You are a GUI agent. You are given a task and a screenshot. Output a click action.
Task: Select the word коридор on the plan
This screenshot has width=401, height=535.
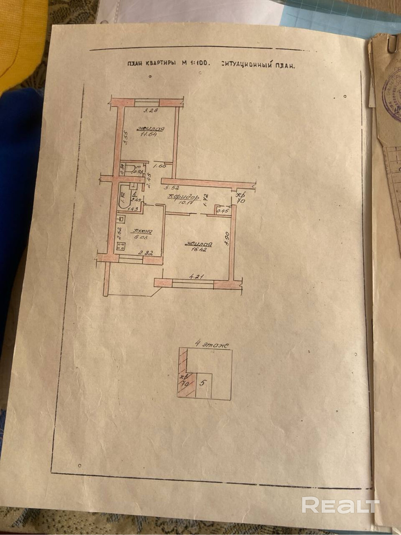(x=184, y=197)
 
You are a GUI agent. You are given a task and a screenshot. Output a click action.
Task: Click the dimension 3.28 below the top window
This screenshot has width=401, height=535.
(x=151, y=110)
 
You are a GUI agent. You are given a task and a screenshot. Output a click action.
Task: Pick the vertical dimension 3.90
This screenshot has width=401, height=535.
(x=227, y=239)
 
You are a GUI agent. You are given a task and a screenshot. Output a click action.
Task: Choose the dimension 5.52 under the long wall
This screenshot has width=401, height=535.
(x=172, y=187)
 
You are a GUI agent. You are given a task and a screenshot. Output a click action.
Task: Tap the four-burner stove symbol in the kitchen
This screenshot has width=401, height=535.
(x=121, y=246)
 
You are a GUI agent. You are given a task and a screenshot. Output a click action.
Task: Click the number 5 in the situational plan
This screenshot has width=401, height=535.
(x=202, y=383)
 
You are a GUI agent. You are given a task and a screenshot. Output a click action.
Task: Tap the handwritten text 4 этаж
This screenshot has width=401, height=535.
(x=212, y=345)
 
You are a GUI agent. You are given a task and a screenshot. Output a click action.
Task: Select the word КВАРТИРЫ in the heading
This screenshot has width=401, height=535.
(x=160, y=64)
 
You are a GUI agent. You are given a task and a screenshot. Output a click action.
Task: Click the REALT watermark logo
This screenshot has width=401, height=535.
(x=341, y=505)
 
